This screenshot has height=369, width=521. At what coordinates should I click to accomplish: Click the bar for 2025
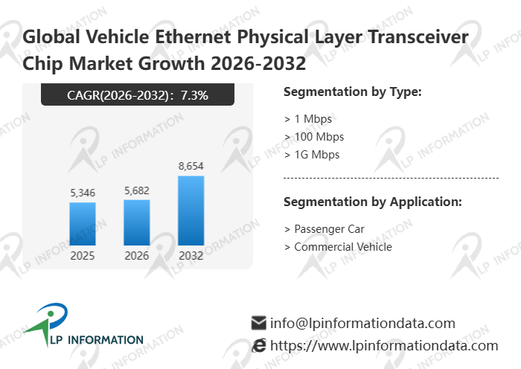[x=83, y=223]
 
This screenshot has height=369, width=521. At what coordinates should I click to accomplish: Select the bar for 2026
[x=137, y=222]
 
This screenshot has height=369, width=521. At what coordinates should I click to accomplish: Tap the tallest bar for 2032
[x=191, y=210]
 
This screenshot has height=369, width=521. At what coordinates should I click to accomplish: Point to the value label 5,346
[x=83, y=193]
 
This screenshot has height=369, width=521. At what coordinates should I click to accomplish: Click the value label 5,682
[x=137, y=190]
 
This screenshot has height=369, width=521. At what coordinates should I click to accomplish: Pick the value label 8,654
[x=191, y=166]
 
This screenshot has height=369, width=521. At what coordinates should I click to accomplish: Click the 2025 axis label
[x=83, y=256]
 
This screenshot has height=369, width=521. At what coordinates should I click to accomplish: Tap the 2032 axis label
[x=191, y=256]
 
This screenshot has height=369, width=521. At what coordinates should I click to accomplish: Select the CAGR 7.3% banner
[x=138, y=95]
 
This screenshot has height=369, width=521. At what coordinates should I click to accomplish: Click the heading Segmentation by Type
[x=353, y=92]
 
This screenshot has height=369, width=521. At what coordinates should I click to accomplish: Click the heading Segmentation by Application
[x=373, y=202]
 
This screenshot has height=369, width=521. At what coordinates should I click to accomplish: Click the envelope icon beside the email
[x=259, y=324]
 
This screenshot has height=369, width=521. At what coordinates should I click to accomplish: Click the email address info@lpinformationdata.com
[x=362, y=324]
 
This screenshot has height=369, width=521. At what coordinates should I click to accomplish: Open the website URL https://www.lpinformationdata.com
[x=384, y=346]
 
